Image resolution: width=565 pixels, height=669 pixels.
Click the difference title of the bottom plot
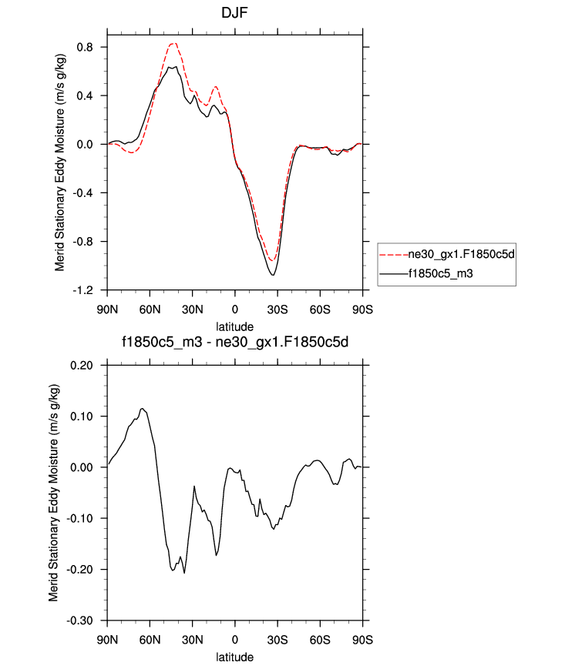tap(234, 343)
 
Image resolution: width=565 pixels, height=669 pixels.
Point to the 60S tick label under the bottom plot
tap(320, 639)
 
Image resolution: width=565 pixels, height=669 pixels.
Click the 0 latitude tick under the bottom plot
tap(235, 639)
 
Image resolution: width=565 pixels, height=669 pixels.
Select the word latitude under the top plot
tap(234, 326)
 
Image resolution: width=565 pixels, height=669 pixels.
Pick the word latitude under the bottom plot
tap(234, 657)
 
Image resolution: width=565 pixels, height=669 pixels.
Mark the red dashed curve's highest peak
tap(174, 43)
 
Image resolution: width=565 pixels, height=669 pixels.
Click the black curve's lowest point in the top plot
tap(273, 275)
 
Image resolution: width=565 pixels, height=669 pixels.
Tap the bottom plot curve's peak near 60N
tap(143, 409)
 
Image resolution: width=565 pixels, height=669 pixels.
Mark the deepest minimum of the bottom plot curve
tap(184, 573)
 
